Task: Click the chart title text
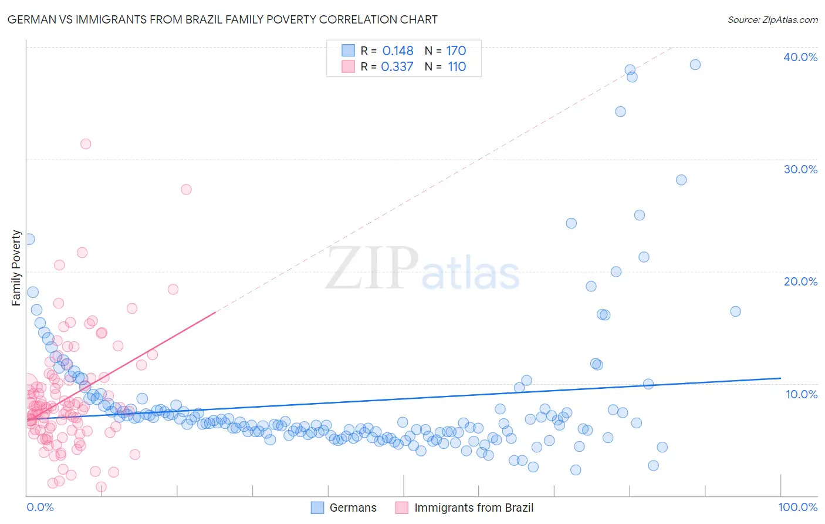pos(222,19)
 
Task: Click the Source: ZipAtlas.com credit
pos(772,19)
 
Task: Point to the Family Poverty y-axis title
pos(16,268)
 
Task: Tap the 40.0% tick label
pos(800,57)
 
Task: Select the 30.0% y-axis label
pos(800,169)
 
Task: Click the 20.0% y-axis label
pos(800,281)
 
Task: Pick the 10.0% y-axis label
pos(801,394)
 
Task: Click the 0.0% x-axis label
pos(40,507)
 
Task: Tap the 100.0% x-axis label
pos(797,507)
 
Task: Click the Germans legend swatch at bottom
pos(317,508)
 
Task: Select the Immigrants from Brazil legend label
pos(474,508)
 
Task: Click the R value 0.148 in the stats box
pos(397,51)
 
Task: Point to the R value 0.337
pos(397,67)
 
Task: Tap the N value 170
pos(456,51)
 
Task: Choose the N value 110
pos(457,67)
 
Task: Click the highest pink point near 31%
pos(86,144)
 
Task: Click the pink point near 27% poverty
pos(186,189)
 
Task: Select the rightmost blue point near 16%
pos(735,311)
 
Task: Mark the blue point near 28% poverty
pos(681,180)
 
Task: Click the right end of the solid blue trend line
pos(780,378)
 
